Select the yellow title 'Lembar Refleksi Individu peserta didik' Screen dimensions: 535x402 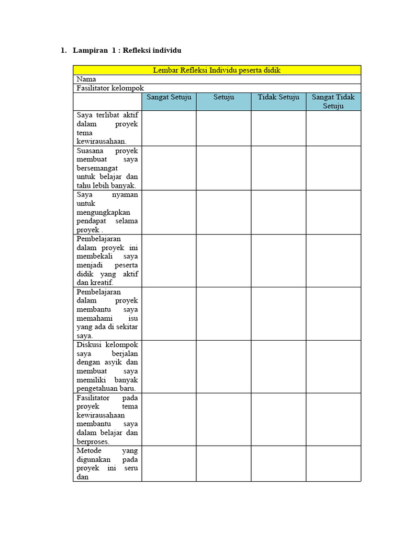[x=217, y=70]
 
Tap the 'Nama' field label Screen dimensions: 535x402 [x=86, y=79]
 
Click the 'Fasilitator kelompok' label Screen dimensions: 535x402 [x=110, y=88]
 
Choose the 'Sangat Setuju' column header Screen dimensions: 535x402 [x=169, y=98]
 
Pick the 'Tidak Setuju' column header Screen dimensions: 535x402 [x=278, y=98]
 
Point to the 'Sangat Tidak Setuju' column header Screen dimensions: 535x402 [x=333, y=101]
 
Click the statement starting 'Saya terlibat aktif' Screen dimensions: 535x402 [x=107, y=128]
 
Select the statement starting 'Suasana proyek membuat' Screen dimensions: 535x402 [x=107, y=168]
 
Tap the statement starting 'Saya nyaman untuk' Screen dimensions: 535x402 [x=107, y=212]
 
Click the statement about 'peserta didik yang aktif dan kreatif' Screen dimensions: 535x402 [x=107, y=261]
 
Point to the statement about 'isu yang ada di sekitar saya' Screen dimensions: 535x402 [x=107, y=313]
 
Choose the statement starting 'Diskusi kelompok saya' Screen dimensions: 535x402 [x=107, y=366]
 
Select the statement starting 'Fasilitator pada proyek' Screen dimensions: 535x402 [x=107, y=419]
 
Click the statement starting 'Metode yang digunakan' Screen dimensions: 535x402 [x=107, y=463]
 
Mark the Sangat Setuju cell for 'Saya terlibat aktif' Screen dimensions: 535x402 [x=169, y=128]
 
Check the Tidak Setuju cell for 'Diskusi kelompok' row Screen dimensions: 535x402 [x=278, y=366]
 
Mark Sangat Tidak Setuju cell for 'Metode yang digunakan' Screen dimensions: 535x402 [x=333, y=463]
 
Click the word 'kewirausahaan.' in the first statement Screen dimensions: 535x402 [x=102, y=141]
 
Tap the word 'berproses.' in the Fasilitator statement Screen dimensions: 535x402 [x=93, y=441]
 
